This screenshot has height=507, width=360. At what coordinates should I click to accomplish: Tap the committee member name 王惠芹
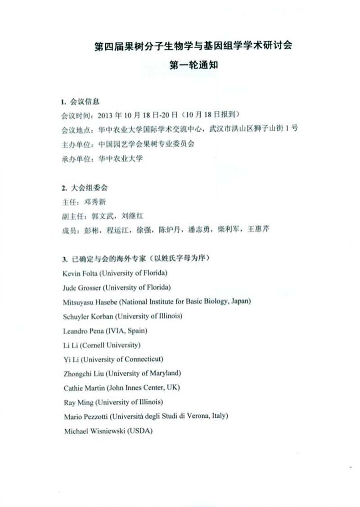259,230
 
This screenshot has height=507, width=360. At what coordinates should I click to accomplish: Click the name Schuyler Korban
87,316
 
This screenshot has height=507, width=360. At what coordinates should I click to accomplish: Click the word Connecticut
143,359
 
